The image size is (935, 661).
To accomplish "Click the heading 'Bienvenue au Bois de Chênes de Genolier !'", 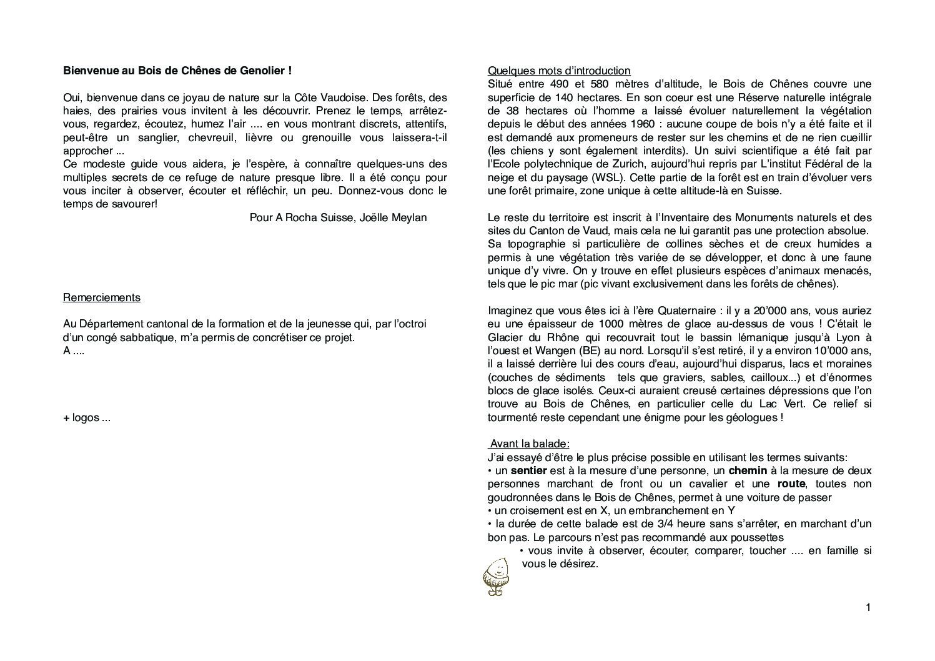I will [177, 71].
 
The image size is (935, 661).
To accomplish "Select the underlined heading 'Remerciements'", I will [102, 297].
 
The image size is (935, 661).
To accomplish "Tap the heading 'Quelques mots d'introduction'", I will [559, 71].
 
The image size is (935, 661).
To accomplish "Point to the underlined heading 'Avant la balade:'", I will [530, 444].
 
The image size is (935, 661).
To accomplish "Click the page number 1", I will [868, 607].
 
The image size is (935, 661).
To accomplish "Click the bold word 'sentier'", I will [528, 470].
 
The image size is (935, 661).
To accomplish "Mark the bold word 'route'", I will [791, 484].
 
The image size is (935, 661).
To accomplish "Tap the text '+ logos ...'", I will [87, 417].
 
